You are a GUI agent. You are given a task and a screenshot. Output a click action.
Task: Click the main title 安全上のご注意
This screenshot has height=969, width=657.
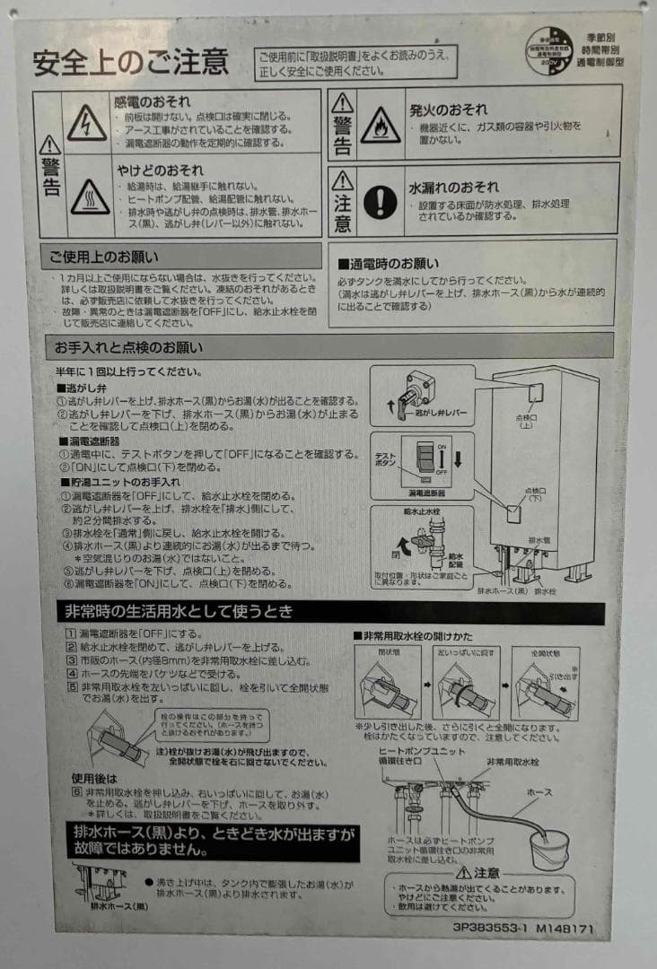click(x=131, y=63)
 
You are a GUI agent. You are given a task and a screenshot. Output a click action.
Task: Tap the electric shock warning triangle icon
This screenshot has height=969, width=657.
click(x=87, y=122)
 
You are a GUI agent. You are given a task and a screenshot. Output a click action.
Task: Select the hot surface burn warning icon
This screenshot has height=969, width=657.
click(x=90, y=196)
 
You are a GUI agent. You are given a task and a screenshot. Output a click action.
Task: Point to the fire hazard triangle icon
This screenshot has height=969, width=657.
click(x=381, y=126)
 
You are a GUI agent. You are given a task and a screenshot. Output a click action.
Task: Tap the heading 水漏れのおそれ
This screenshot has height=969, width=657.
click(x=454, y=188)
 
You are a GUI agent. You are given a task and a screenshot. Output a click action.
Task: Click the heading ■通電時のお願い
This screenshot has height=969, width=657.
click(x=388, y=264)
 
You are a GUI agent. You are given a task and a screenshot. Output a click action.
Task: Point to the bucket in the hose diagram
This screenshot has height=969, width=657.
click(x=548, y=845)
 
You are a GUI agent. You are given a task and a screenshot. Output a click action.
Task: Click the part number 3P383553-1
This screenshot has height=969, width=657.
click(x=490, y=930)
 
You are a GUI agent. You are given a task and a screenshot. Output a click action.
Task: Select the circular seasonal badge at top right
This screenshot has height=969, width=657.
click(x=549, y=50)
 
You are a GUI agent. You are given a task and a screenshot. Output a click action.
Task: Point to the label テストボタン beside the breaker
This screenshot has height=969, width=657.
click(x=385, y=459)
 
